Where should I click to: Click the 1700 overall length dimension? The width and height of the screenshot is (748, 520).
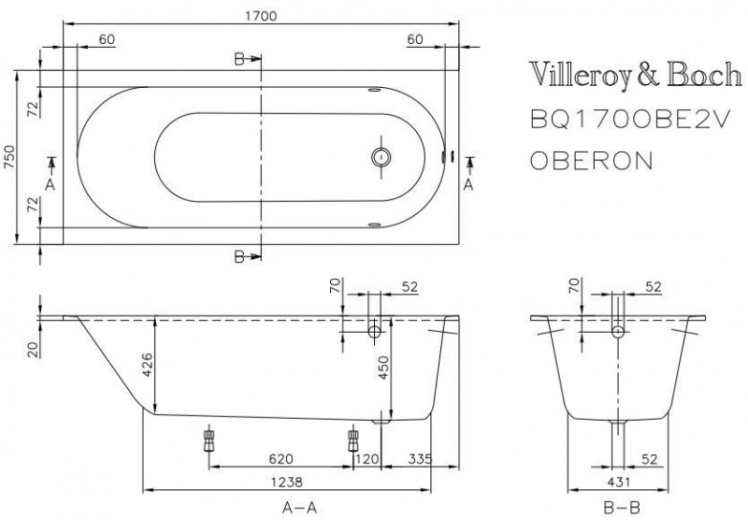click(x=256, y=15)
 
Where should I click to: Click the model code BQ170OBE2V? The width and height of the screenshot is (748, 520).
click(x=615, y=118)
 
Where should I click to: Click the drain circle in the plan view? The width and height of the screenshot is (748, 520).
click(x=381, y=157)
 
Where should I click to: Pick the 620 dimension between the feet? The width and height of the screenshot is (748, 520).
click(x=281, y=458)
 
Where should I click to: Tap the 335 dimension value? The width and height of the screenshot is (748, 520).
click(x=422, y=458)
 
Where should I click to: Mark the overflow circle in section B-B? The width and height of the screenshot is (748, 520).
click(x=617, y=331)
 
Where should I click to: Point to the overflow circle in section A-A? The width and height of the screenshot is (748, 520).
click(x=375, y=331)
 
